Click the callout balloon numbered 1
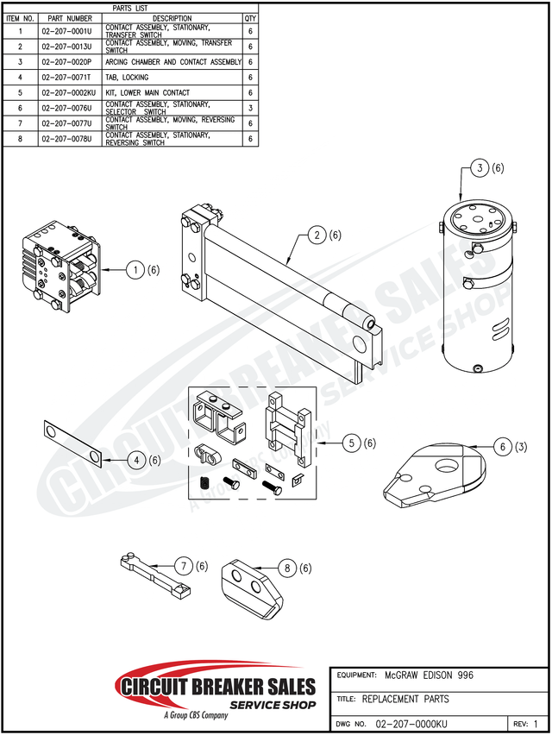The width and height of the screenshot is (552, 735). pos(135,270)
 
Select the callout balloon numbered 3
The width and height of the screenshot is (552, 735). pos(480,168)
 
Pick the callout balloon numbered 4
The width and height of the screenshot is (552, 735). pos(136,461)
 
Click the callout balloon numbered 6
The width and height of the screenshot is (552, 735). pos(503,447)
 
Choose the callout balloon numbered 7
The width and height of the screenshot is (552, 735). pos(184,566)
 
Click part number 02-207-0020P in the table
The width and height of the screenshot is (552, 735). pos(69,62)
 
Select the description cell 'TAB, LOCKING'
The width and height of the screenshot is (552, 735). pos(127,78)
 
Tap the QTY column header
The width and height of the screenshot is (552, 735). pos(250,18)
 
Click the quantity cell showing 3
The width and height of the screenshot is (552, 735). pos(250,108)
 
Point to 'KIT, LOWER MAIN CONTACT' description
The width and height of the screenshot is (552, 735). pos(147,92)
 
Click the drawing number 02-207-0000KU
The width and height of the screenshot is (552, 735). pos(412,723)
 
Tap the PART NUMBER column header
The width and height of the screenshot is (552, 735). pos(69,18)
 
